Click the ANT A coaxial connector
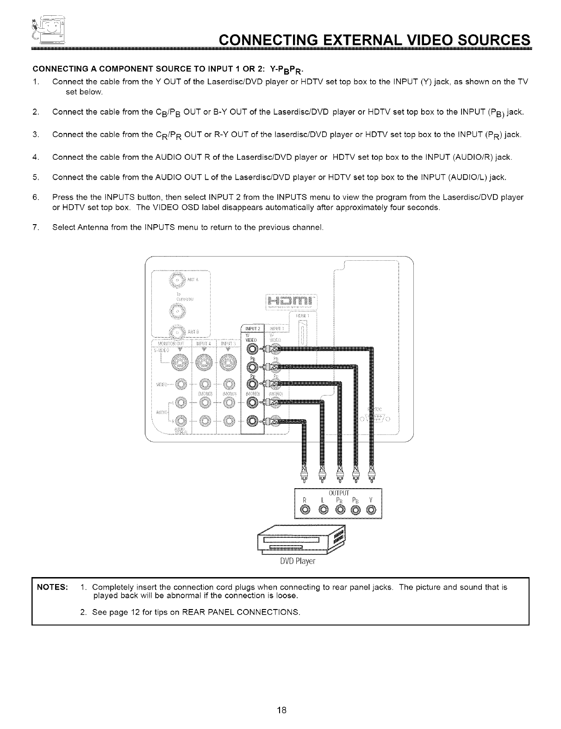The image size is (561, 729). tap(178, 281)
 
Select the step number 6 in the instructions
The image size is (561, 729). tap(36, 197)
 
